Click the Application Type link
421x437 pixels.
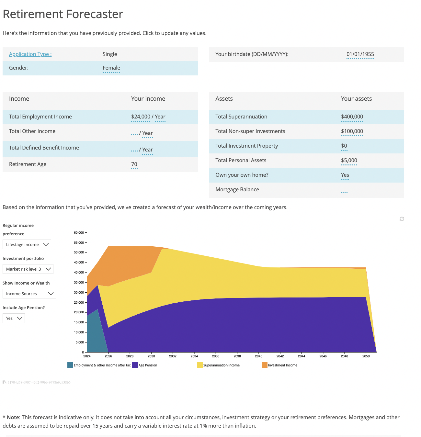click(30, 54)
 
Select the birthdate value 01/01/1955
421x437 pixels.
click(360, 54)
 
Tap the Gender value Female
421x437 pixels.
click(111, 68)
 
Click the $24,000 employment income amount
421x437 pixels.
click(141, 117)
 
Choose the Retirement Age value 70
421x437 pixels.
click(134, 164)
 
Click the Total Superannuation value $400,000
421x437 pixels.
click(352, 117)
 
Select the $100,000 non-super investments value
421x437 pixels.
click(352, 131)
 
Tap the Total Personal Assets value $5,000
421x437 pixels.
click(349, 160)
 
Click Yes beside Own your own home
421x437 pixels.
click(345, 175)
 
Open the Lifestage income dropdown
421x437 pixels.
click(27, 244)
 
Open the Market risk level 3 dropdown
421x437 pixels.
click(28, 269)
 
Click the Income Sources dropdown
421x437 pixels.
click(29, 294)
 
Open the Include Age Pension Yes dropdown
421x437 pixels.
click(14, 318)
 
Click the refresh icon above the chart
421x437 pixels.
click(402, 219)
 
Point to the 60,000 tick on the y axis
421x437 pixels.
click(79, 232)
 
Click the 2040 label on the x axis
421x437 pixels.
click(258, 356)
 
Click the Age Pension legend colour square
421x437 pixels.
click(135, 365)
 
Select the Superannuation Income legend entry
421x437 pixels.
click(221, 365)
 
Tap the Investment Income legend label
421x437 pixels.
click(282, 365)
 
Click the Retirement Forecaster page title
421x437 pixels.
click(63, 14)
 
